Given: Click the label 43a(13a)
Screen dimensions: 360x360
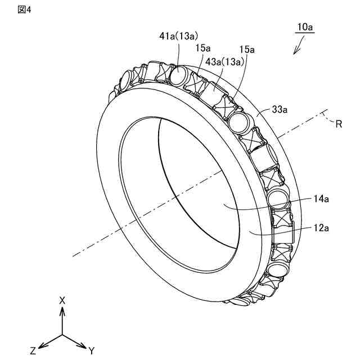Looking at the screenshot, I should (225, 61).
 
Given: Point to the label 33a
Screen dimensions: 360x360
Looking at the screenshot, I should (278, 111).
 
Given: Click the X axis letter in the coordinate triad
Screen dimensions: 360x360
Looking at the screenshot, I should (62, 300).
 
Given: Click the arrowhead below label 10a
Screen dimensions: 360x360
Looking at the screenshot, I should (295, 53).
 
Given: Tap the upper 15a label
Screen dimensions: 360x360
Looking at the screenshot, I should (204, 48).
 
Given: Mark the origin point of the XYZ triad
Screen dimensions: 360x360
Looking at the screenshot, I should (62, 335).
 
